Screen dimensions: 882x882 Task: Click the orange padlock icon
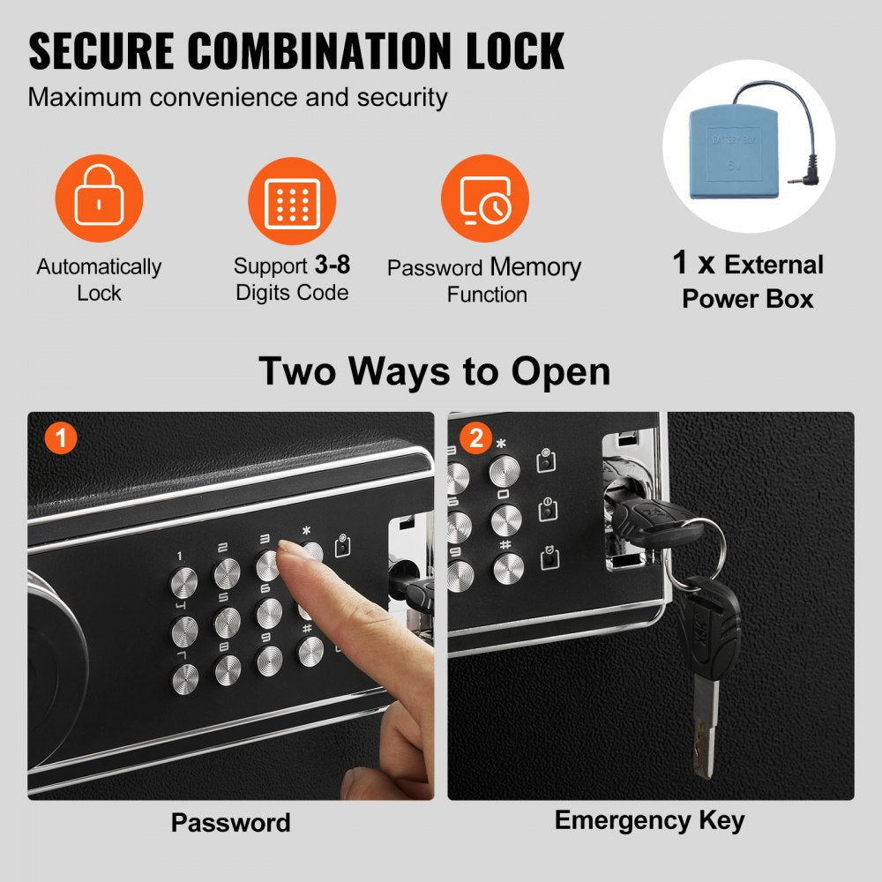pyautogui.click(x=98, y=199)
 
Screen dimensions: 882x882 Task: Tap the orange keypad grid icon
pyautogui.click(x=291, y=199)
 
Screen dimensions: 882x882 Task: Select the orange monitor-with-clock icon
pyautogui.click(x=484, y=199)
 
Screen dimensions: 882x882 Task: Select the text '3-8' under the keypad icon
pyautogui.click(x=333, y=265)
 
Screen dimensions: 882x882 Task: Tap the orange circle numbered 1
pyautogui.click(x=61, y=438)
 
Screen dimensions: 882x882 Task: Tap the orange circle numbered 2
pyautogui.click(x=476, y=438)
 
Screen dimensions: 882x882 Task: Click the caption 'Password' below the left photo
pyautogui.click(x=230, y=823)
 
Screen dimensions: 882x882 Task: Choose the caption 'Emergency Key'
pyautogui.click(x=649, y=820)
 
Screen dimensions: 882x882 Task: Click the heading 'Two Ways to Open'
pyautogui.click(x=434, y=371)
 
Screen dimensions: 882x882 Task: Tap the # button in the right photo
pyautogui.click(x=507, y=569)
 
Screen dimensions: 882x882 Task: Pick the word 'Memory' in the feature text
pyautogui.click(x=535, y=267)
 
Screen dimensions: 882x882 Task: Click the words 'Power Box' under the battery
pyautogui.click(x=748, y=298)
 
